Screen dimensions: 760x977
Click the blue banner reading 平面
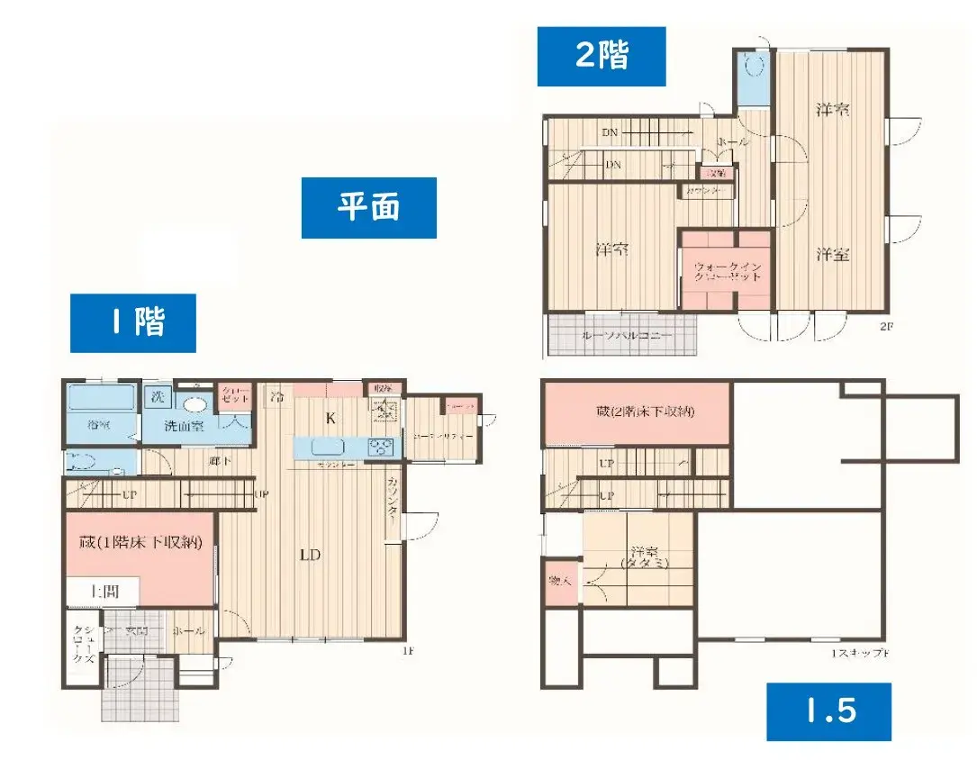click(x=368, y=208)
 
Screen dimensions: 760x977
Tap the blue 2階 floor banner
click(x=601, y=56)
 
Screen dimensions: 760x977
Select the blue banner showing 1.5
click(x=828, y=711)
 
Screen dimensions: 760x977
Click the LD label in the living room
click(x=310, y=555)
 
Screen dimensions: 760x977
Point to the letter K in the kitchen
click(x=330, y=418)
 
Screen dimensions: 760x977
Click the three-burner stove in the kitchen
click(x=381, y=447)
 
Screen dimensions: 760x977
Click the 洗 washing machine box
click(x=158, y=396)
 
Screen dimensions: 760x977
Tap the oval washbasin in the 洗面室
click(x=192, y=404)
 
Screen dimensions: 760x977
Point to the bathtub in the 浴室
click(x=100, y=398)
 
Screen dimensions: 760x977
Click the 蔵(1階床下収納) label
click(x=140, y=542)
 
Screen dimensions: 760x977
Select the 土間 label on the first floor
click(x=103, y=592)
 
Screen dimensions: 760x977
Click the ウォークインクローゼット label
click(x=727, y=271)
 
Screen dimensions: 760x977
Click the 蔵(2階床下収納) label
click(x=636, y=412)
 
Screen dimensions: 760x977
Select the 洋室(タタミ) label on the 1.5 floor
click(x=641, y=557)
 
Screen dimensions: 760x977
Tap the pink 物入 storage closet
click(x=559, y=581)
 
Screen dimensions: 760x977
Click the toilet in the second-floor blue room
click(x=754, y=66)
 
